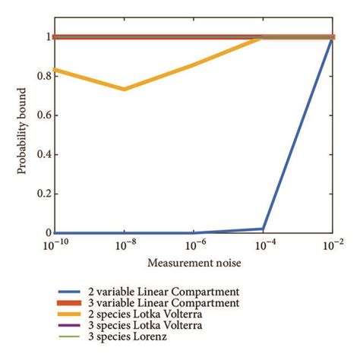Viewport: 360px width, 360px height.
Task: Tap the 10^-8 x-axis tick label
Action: point(125,246)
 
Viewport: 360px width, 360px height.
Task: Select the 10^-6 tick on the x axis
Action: point(194,246)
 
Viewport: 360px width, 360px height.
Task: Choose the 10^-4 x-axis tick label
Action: point(263,246)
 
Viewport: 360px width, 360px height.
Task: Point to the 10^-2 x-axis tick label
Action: point(332,246)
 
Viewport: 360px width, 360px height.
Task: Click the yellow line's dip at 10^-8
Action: point(124,89)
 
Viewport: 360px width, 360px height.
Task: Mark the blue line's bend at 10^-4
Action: point(263,229)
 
